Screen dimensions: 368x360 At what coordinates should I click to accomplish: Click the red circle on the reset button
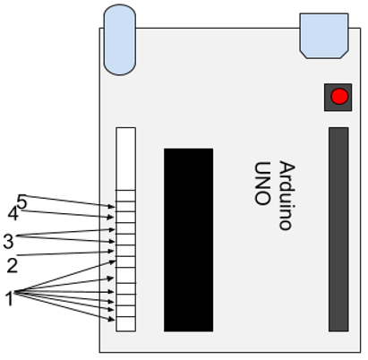point(339,97)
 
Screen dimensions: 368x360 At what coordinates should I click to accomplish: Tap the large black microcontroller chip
point(188,240)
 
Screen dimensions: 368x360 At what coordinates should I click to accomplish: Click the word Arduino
point(287,195)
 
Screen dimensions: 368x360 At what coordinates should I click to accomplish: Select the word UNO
point(262,184)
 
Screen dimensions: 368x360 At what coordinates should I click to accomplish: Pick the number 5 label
point(22,201)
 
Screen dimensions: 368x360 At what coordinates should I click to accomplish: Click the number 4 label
point(13,214)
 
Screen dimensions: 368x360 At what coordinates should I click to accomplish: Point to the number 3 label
point(8,241)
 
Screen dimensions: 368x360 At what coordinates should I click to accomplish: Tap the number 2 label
point(13,265)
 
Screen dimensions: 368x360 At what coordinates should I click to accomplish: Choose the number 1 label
point(10,298)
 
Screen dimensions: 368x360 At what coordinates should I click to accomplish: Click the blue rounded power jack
point(120,39)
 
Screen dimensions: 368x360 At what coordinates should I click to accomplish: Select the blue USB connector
point(324,36)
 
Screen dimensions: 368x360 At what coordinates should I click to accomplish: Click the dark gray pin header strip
point(338,229)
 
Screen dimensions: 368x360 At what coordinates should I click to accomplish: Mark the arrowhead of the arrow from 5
point(112,206)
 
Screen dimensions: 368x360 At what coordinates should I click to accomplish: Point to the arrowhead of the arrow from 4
point(111,217)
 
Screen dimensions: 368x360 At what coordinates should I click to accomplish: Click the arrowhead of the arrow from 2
point(111,252)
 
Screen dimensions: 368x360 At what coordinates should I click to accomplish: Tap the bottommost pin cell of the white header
point(125,324)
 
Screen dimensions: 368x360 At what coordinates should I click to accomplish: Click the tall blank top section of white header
point(125,159)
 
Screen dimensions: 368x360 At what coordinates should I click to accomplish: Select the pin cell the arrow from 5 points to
point(125,207)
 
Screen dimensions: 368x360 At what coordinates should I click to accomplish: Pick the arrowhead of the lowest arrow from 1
point(112,320)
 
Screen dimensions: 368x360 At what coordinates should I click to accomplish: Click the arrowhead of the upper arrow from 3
point(112,229)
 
